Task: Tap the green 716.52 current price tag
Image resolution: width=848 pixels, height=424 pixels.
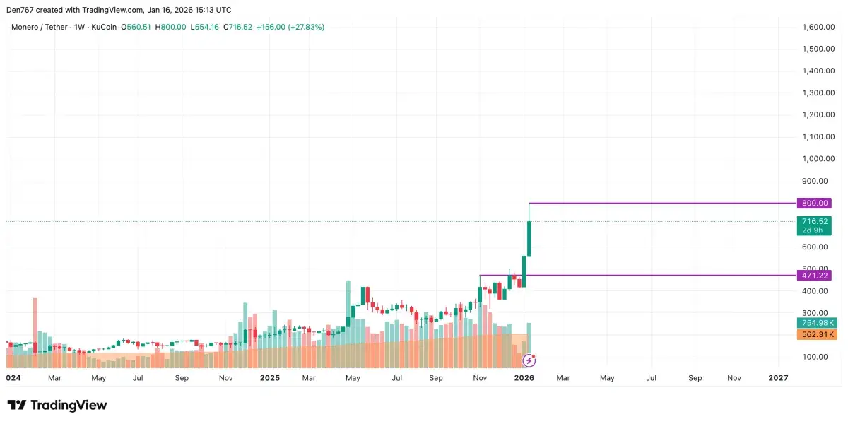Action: (814, 221)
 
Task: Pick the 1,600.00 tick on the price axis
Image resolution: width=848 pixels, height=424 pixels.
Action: (819, 27)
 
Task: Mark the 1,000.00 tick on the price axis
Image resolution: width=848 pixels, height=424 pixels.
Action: (819, 159)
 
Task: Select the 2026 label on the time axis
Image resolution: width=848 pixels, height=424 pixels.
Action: (524, 378)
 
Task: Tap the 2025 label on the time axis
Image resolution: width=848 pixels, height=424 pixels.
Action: (270, 378)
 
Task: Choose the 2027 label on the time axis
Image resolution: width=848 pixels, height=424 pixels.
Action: (777, 378)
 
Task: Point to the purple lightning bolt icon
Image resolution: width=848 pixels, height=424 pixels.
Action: (529, 361)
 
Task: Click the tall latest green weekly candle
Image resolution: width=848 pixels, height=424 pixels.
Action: (529, 238)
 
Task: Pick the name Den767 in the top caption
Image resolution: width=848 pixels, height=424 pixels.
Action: (22, 10)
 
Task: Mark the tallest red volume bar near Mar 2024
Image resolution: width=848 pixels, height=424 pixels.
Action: (35, 332)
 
